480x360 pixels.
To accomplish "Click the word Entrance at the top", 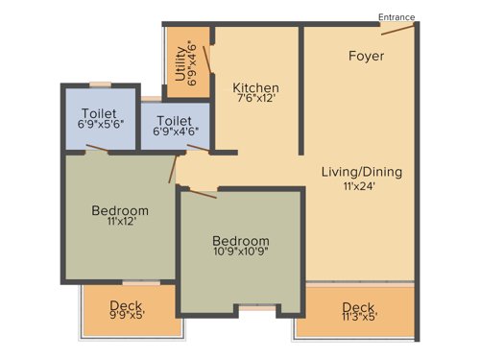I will point(397,16).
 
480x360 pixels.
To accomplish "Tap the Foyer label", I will point(366,56).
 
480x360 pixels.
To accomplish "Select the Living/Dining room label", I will point(362,172).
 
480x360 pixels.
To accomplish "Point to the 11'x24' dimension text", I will point(362,187).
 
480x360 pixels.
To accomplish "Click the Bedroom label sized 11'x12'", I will point(120,210).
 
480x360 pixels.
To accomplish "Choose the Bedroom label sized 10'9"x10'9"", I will point(241,240).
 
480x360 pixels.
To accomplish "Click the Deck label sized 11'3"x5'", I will point(359,308).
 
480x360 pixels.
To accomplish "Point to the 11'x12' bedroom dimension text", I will point(120,225).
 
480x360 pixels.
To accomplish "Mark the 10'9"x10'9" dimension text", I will point(241,254).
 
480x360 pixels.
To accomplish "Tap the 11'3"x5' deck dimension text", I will point(359,322).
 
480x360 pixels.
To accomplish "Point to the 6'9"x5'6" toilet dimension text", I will point(99,125).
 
